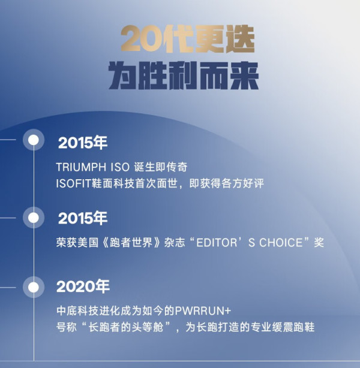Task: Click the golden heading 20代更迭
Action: (x=188, y=39)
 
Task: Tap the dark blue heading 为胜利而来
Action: (x=184, y=76)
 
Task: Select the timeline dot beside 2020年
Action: (x=34, y=287)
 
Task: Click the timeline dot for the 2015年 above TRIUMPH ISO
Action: (x=34, y=140)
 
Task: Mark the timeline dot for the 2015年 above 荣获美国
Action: (x=34, y=218)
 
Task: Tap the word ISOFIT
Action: (x=73, y=183)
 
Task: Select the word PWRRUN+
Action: (x=203, y=310)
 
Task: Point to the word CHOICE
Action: (x=281, y=243)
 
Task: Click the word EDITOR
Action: (x=217, y=243)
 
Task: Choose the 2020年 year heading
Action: (x=83, y=286)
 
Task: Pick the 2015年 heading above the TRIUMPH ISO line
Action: (x=83, y=143)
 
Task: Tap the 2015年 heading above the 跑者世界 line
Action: (x=83, y=218)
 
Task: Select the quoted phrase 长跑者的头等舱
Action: (x=126, y=327)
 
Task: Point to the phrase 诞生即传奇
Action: (x=161, y=167)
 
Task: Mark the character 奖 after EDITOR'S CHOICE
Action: (x=319, y=243)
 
